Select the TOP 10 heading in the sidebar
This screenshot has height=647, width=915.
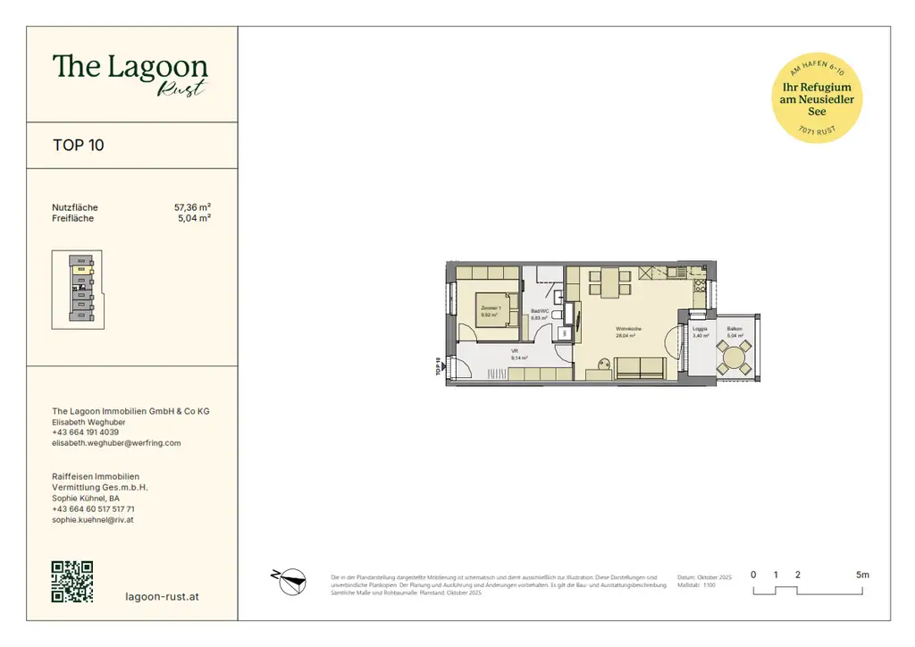(x=79, y=145)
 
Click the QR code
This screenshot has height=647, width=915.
(x=72, y=582)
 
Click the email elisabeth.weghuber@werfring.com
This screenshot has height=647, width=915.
(x=116, y=443)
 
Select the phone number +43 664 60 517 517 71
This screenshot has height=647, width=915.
(x=94, y=508)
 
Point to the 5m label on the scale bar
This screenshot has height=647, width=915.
(x=861, y=575)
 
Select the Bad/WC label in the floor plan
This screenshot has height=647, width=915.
(x=539, y=313)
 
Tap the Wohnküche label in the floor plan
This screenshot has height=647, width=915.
(x=627, y=331)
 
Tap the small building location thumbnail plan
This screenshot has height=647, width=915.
(x=77, y=290)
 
